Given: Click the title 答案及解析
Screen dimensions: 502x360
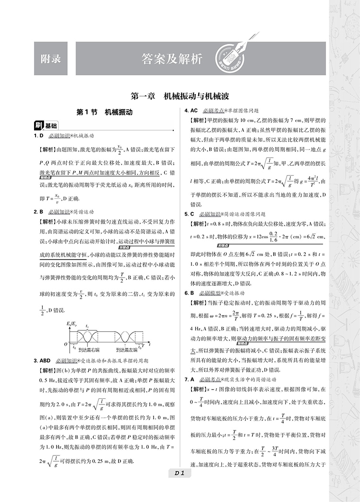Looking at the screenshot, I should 172,59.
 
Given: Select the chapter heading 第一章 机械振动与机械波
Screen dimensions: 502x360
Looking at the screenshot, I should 180,96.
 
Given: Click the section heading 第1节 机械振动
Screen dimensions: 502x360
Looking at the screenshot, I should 104,113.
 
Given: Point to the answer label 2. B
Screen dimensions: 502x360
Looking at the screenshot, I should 39,212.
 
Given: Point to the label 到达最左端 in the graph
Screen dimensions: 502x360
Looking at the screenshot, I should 127,350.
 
